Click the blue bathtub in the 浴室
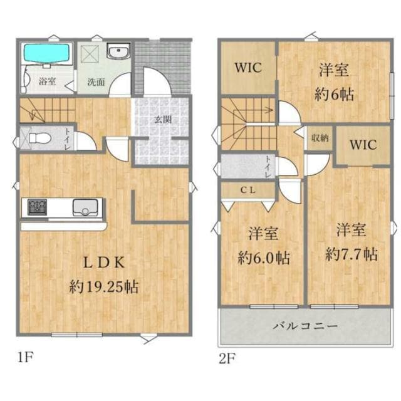[x=46, y=53]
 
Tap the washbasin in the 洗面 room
[x=118, y=51]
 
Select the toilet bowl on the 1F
[x=39, y=138]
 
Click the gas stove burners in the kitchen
[x=38, y=207]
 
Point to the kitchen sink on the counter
[x=85, y=207]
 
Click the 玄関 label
[x=163, y=120]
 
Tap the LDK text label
[x=105, y=263]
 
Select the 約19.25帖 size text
[x=104, y=286]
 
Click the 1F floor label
[x=26, y=357]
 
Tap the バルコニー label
[x=305, y=326]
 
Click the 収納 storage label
[x=320, y=138]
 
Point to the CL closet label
[x=247, y=190]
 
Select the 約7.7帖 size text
[x=352, y=254]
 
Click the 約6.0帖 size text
[x=264, y=258]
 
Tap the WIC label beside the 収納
[x=363, y=145]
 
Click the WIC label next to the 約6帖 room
[x=248, y=67]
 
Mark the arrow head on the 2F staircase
[x=269, y=111]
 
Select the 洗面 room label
[x=96, y=82]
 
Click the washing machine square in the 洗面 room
[x=90, y=53]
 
